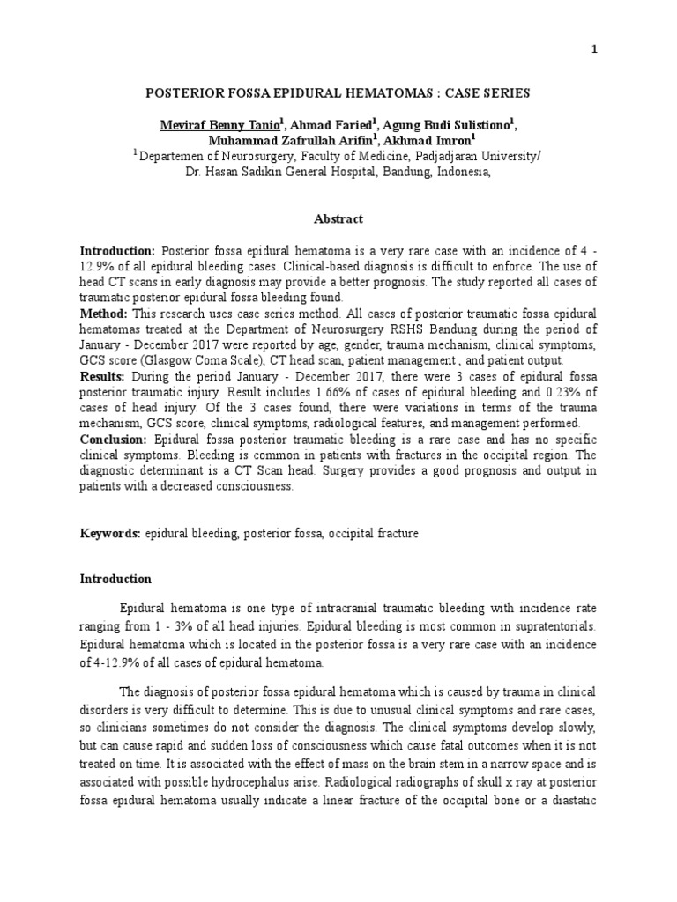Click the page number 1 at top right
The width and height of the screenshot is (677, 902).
(x=594, y=50)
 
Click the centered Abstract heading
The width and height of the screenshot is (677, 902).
(x=338, y=218)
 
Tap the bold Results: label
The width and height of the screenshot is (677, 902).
(x=105, y=376)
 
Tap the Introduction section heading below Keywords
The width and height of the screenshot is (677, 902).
(x=115, y=580)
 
